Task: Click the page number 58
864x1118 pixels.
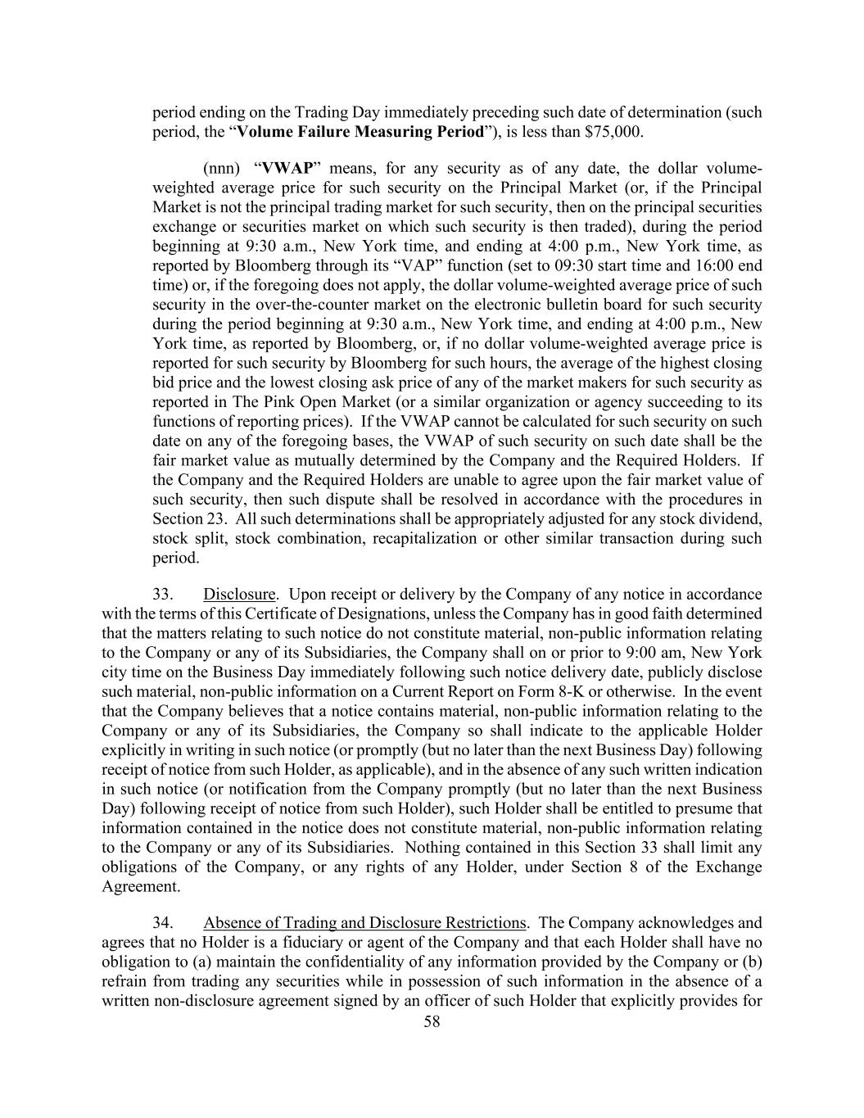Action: (432, 1021)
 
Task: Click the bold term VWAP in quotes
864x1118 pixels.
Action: (287, 169)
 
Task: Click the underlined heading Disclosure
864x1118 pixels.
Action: (239, 594)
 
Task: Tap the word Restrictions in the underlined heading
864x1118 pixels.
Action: (482, 923)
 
